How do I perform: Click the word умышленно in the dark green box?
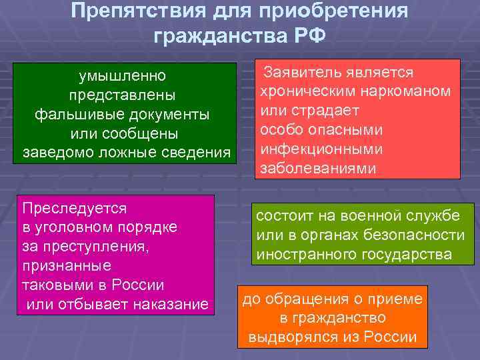pos(123,75)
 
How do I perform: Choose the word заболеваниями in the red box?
pos(318,168)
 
